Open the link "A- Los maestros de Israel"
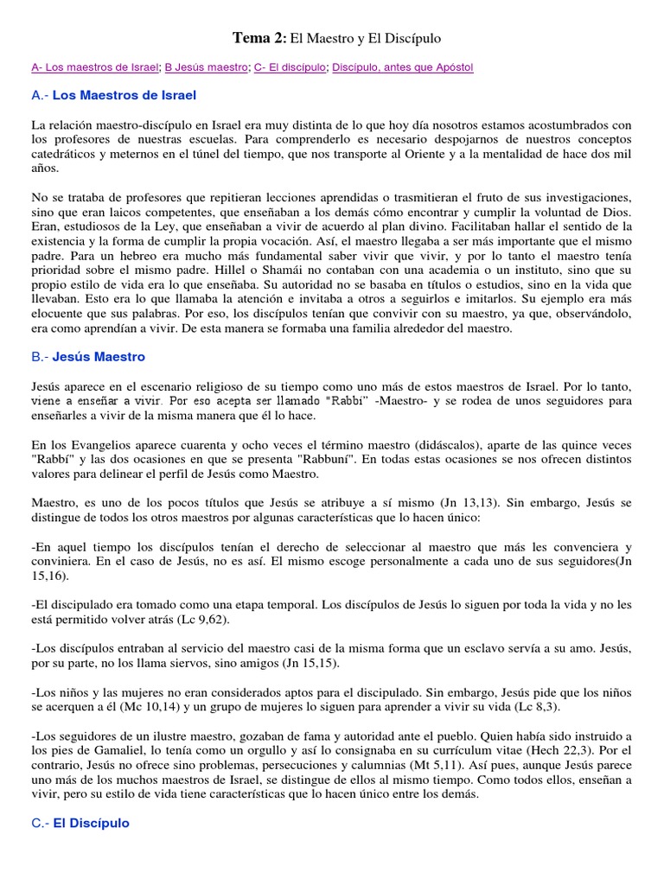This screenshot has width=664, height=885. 94,67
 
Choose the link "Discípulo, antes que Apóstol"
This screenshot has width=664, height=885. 403,67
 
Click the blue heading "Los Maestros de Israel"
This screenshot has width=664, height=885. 124,95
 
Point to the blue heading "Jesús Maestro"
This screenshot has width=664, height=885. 99,356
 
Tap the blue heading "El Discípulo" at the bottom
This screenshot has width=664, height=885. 91,823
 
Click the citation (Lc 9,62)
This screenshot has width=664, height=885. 218,619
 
